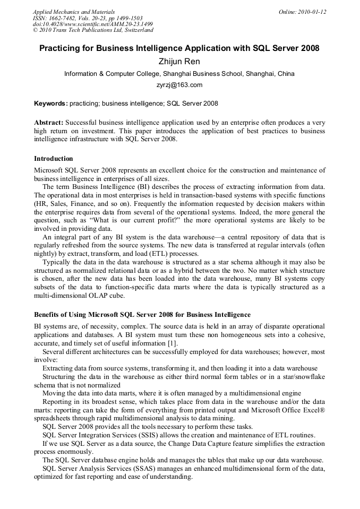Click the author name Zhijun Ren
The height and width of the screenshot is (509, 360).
pyautogui.click(x=179, y=62)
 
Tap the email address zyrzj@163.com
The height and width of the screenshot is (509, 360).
pyautogui.click(x=179, y=85)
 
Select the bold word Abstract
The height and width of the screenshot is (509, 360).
pyautogui.click(x=49, y=122)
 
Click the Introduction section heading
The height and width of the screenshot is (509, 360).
pyautogui.click(x=54, y=159)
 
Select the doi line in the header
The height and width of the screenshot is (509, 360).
pyautogui.click(x=93, y=24)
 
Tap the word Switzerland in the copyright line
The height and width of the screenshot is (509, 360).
pyautogui.click(x=135, y=31)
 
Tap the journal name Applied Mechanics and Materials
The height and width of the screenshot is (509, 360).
pyautogui.click(x=74, y=12)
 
